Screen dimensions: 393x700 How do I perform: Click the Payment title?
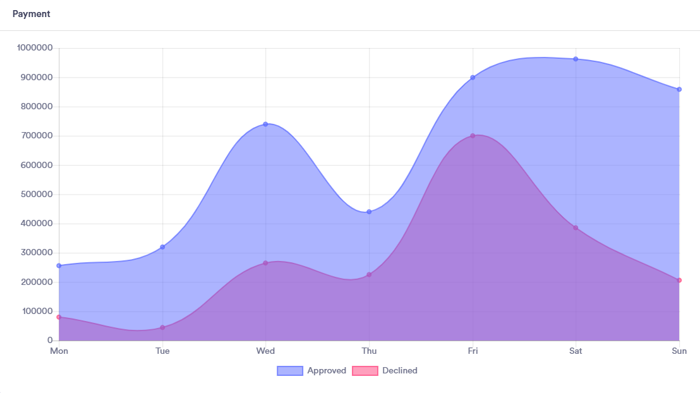tap(31, 14)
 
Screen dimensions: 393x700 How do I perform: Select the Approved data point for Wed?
tap(265, 124)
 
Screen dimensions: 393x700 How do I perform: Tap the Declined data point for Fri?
tap(473, 136)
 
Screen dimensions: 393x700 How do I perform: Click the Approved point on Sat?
tap(576, 59)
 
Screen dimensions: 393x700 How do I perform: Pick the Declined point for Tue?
tap(162, 327)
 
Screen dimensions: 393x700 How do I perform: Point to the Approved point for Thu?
tap(369, 212)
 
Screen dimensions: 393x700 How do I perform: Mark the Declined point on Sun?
tap(679, 280)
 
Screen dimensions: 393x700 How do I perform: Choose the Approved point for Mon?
tap(59, 265)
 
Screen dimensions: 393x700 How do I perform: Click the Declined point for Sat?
tap(576, 227)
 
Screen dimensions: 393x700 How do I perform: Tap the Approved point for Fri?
tap(473, 78)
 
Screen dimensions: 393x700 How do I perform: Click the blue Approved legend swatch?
tap(290, 371)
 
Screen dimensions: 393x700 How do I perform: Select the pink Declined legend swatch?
tap(365, 371)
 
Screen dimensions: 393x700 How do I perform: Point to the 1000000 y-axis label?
tap(35, 48)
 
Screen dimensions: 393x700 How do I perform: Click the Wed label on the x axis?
tap(265, 351)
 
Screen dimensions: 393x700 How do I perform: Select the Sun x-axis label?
tap(679, 351)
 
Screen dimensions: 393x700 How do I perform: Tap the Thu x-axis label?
tap(369, 351)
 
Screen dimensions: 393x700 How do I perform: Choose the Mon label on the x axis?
tap(59, 351)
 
